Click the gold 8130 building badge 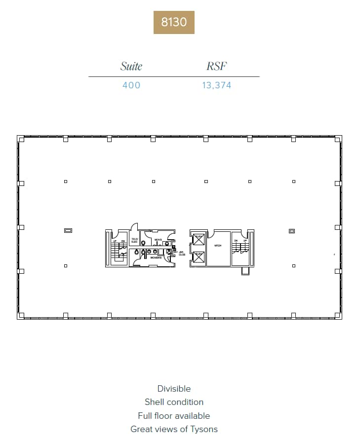pos(174,22)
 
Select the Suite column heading pos(131,67)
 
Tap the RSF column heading pos(216,67)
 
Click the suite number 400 pos(131,85)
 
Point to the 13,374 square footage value pos(216,85)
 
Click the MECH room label pos(217,245)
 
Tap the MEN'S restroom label pos(158,240)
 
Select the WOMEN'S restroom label pos(156,257)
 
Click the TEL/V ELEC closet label pos(134,241)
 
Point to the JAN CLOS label pos(182,254)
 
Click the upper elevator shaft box pos(199,239)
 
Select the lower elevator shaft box pos(199,257)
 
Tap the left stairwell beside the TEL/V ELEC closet pos(119,248)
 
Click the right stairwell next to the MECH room pos(240,248)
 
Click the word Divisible pos(174,389)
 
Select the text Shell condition pos(174,402)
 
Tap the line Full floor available pos(174,416)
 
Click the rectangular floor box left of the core pos(68,230)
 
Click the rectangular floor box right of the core pos(292,230)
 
